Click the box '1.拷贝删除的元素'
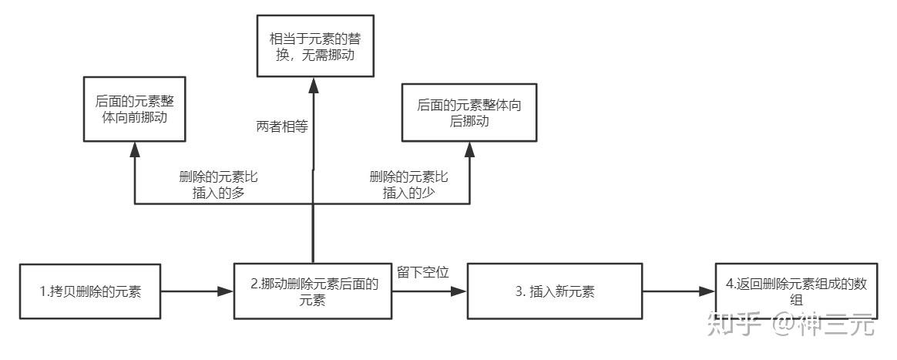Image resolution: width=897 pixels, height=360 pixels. [90, 291]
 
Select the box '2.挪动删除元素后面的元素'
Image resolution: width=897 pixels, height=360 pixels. [312, 291]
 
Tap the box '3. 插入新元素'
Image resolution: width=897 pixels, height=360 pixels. [554, 291]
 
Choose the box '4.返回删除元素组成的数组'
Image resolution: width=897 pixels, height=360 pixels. [795, 291]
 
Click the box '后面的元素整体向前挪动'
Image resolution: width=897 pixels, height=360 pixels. [134, 109]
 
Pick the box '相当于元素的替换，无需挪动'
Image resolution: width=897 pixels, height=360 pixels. [315, 45]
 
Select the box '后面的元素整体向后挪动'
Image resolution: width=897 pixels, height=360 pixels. [469, 113]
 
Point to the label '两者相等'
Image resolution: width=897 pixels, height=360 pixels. [282, 127]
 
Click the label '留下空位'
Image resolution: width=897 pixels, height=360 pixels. [423, 272]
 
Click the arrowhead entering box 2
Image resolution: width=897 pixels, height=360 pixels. [226, 291]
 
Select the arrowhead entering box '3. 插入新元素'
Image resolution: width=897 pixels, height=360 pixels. [459, 291]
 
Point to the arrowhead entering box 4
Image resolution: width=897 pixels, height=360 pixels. [707, 291]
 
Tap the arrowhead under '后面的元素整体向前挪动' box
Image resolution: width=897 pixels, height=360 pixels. [134, 149]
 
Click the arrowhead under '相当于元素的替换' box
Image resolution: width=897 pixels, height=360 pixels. [314, 84]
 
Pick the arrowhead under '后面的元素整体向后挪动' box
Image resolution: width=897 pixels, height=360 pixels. [469, 149]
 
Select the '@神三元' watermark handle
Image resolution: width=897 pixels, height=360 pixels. [825, 325]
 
